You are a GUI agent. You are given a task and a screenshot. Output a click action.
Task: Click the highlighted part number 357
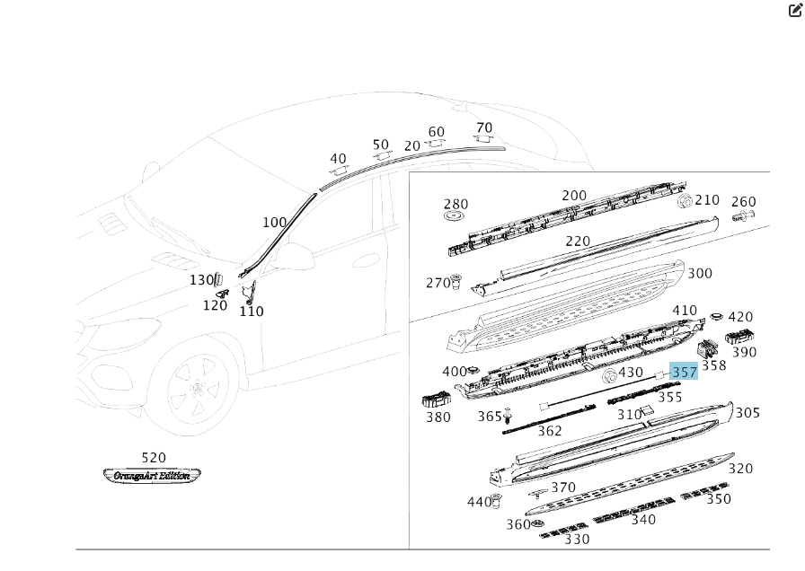[x=684, y=373]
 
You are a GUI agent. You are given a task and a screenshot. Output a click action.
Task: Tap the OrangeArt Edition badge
[x=152, y=475]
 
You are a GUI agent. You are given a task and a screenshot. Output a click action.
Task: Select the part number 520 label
[x=154, y=458]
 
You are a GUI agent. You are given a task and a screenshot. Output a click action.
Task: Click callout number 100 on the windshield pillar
[x=275, y=223]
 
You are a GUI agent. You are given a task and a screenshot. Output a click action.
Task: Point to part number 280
[x=456, y=205]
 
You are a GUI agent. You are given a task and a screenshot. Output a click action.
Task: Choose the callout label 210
[x=707, y=200]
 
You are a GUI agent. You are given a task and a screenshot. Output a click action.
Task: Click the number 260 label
[x=744, y=202]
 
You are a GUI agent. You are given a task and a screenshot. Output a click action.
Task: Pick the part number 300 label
[x=699, y=274]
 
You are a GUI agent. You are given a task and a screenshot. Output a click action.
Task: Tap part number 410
[x=685, y=311]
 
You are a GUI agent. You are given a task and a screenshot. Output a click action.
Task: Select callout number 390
[x=744, y=353]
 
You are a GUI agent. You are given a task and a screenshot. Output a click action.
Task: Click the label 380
[x=438, y=417]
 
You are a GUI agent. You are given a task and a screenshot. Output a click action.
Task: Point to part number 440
[x=478, y=502]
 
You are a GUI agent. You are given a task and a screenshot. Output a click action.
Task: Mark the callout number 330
[x=577, y=539]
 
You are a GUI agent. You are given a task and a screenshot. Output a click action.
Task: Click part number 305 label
[x=747, y=413]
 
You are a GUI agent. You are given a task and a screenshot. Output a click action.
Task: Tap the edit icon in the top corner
[x=794, y=10]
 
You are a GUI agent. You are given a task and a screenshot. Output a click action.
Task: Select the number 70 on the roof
[x=484, y=127]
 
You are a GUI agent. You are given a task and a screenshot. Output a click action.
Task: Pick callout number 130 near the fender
[x=201, y=280]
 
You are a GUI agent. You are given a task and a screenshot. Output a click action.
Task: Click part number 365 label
[x=490, y=417]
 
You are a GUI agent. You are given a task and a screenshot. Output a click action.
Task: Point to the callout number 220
[x=578, y=242]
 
